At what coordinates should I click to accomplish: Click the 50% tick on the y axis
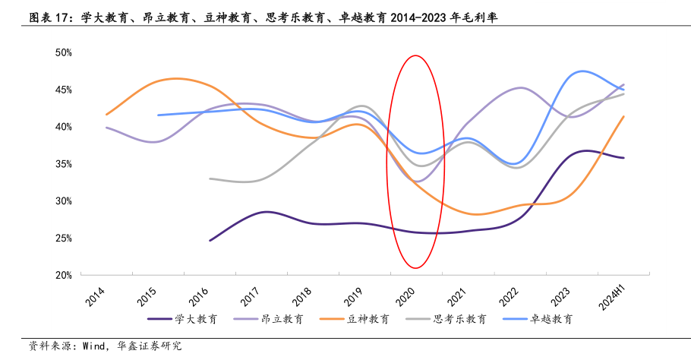[63, 52]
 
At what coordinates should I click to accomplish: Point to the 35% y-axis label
[63, 164]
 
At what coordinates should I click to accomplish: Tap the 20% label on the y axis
[63, 275]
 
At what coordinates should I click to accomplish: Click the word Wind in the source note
[90, 346]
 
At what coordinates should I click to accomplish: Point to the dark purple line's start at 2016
[210, 240]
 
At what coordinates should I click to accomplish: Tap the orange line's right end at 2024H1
[623, 116]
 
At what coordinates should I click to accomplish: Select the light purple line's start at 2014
[106, 127]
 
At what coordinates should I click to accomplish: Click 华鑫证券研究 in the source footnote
[150, 346]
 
